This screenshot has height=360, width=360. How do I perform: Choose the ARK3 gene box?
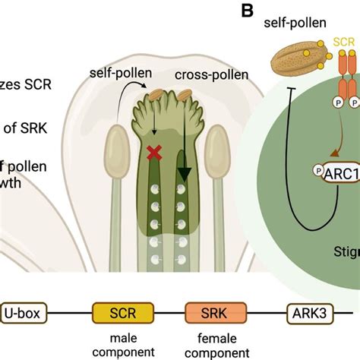point(310,312)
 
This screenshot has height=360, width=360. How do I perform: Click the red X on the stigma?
point(154,153)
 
